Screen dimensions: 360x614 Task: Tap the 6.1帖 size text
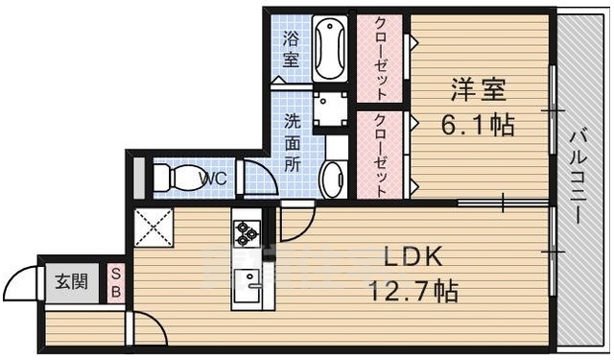[477, 124]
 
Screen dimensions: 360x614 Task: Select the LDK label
[413, 256]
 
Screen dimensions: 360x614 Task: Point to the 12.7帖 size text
[414, 289]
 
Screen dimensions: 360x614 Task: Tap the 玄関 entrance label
[71, 282]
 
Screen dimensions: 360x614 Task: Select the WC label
[213, 179]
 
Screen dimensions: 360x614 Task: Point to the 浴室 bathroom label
[292, 49]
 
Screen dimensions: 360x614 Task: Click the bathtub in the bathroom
[329, 48]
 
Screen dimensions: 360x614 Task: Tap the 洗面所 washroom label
[292, 143]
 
